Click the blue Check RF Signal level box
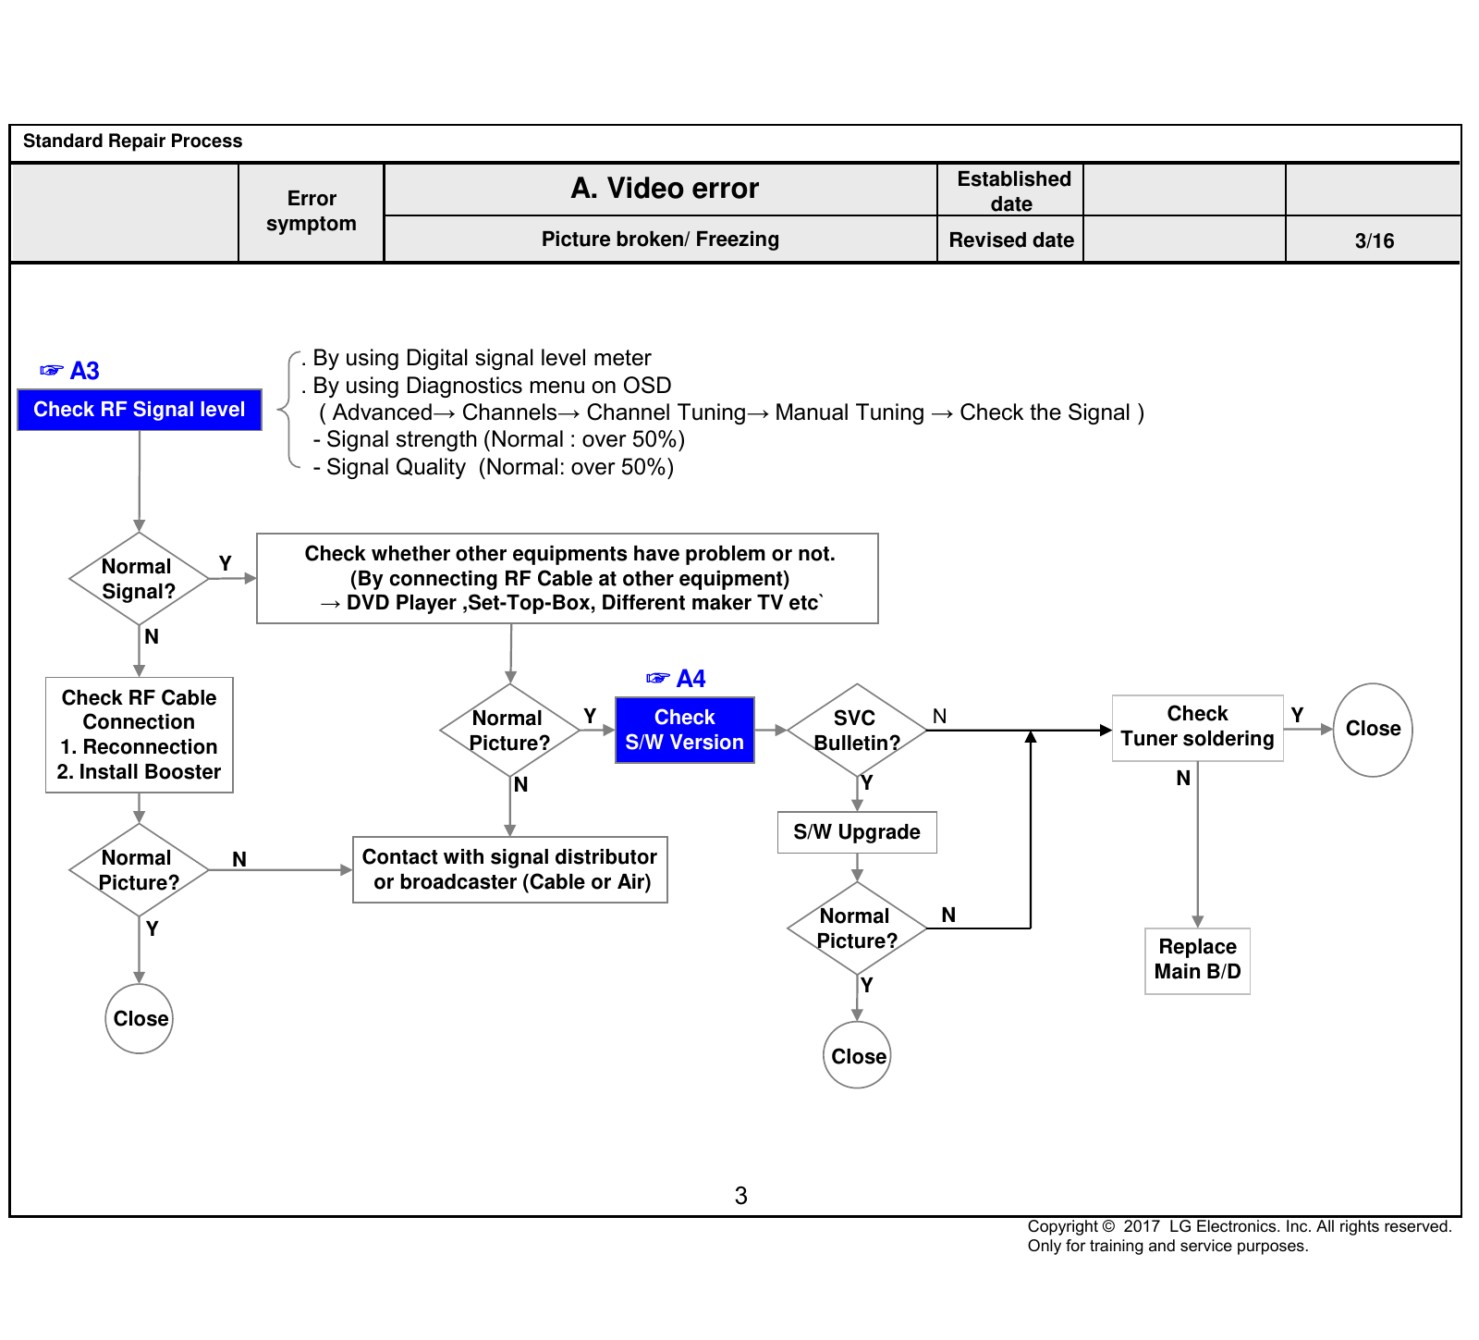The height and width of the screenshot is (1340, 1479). coord(140,410)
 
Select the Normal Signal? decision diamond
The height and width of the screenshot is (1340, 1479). coord(139,579)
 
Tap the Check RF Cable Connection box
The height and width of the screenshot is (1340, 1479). coord(140,735)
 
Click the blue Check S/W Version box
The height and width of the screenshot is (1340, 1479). coord(685,730)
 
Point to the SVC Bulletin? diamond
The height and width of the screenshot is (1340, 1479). coord(857,730)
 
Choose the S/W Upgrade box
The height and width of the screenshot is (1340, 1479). coord(857,832)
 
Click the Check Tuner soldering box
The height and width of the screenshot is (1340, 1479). coord(1198,728)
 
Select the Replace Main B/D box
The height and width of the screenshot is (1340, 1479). coord(1198,961)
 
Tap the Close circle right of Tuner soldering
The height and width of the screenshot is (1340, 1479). coord(1373,730)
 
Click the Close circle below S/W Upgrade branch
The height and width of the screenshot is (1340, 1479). coord(857,1055)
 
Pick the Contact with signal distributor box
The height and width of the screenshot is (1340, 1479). coord(510,870)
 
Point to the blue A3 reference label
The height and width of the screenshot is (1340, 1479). coord(69,371)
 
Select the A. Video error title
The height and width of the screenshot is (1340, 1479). coord(665,189)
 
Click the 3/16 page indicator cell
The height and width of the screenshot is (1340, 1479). coord(1374,240)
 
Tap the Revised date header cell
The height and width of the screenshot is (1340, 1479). coord(1011,240)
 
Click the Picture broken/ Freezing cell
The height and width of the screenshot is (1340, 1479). coord(661,240)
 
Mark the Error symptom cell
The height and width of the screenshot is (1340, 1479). coord(312,212)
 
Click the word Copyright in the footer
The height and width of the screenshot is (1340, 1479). coord(1063,1226)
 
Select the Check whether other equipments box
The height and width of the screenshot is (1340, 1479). coord(568,578)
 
